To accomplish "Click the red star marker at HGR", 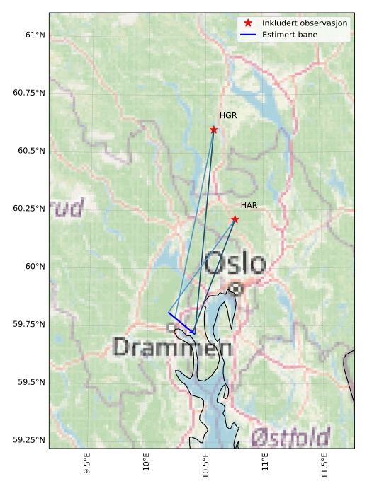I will click(214, 129).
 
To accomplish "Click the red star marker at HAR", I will click(235, 219).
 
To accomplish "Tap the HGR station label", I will click(227, 115).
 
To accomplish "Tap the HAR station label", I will click(249, 205).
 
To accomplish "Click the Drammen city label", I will click(172, 347).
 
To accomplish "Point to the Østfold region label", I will click(290, 436).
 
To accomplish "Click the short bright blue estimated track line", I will click(181, 323).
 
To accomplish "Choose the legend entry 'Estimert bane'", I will click(289, 34).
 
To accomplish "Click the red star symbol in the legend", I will click(248, 23).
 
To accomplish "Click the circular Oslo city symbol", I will click(236, 288).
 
